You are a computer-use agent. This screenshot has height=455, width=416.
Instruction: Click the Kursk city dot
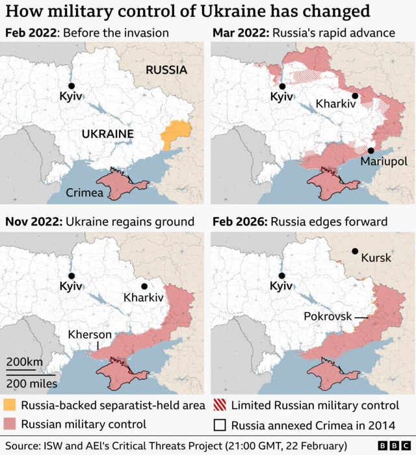pos(355,252)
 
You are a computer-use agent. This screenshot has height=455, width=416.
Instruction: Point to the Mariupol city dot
pos(370,150)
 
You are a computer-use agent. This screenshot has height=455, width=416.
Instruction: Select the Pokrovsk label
pos(328,317)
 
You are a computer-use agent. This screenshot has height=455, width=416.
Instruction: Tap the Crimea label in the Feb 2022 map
pos(84,192)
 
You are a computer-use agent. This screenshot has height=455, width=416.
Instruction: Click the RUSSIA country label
pos(166,70)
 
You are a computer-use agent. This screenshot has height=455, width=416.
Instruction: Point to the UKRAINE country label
pos(107,135)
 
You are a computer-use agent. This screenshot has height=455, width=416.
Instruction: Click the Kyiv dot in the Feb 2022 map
pos(71,86)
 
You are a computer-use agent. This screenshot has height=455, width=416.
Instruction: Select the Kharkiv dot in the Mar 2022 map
pos(356,96)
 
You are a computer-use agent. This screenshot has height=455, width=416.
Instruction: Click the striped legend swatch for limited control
pos(220,406)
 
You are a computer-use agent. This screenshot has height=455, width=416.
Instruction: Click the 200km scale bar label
pos(25,361)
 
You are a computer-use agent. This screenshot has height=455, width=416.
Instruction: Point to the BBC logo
pos(389,445)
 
